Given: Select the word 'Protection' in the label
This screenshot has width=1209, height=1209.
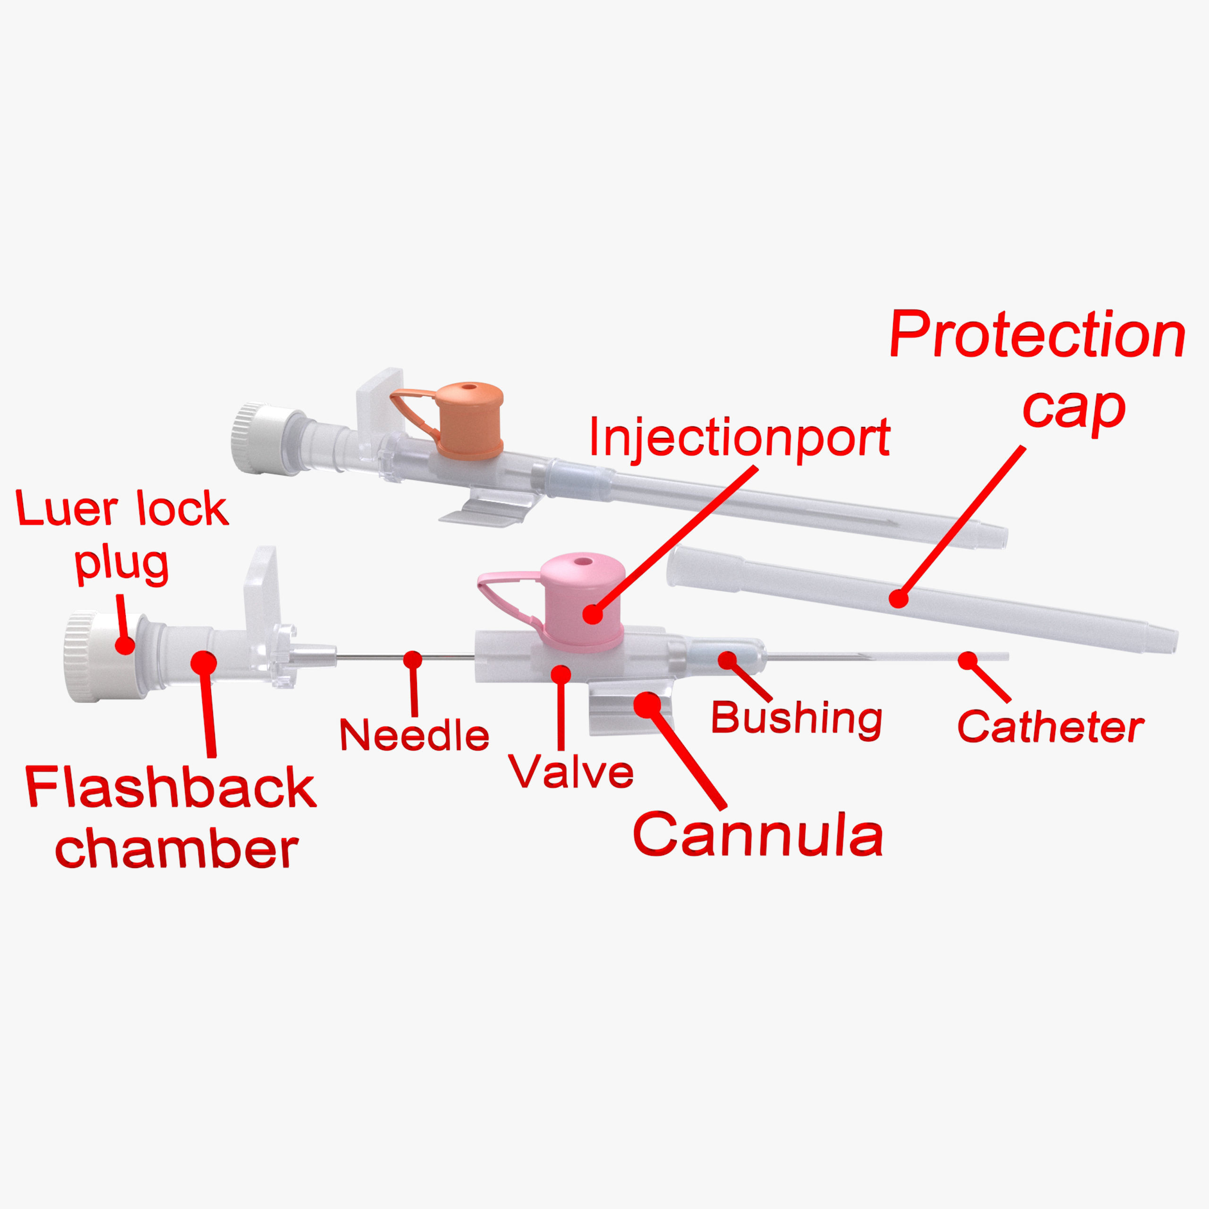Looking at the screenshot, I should (1037, 335).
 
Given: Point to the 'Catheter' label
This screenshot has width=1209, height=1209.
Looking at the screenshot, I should (1050, 727).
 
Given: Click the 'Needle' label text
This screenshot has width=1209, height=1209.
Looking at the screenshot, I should (414, 735).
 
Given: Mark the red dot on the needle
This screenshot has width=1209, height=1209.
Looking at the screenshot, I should (412, 660).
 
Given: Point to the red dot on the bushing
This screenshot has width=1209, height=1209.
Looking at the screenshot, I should (727, 660).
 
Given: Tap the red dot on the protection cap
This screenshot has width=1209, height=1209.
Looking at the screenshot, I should (898, 598).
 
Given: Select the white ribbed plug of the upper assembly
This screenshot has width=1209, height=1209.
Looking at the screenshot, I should (263, 438).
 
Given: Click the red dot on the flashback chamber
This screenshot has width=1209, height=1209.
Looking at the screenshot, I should (204, 662).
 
